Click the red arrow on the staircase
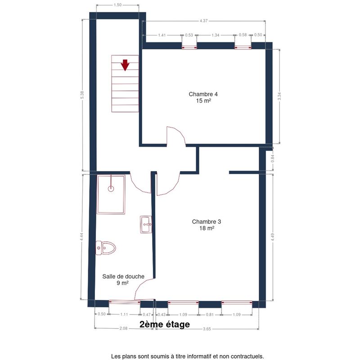125,65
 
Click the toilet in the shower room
106,248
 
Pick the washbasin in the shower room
146,224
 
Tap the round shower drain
111,189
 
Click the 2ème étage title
165,324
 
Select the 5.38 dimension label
82,95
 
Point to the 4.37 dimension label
203,21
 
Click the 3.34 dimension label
279,96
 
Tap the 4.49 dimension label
273,237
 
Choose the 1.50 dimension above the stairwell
117,5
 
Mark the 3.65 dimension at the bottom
207,329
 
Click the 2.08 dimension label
123,328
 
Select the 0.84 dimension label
273,158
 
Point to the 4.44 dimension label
81,237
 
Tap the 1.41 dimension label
162,35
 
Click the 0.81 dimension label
210,315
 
